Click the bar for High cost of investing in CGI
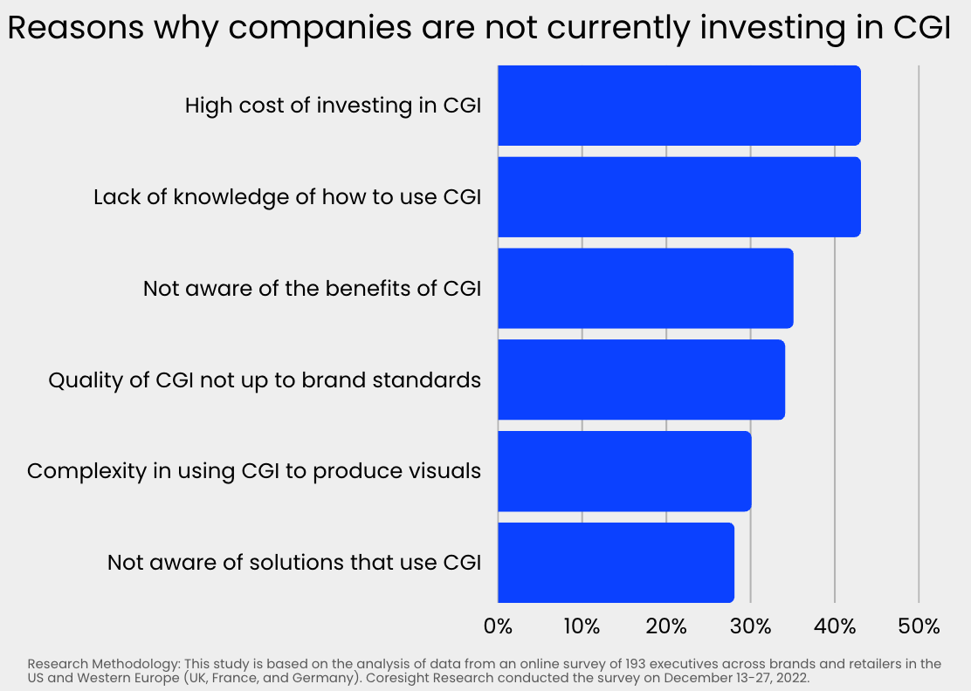[679, 106]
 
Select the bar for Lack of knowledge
[679, 197]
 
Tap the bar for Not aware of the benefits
[645, 288]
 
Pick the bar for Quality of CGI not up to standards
[642, 380]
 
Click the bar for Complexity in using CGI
[625, 471]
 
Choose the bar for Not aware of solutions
[616, 563]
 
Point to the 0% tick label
[498, 626]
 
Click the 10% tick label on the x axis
[582, 626]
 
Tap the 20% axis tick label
[666, 626]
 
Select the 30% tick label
[751, 626]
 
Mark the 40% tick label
[835, 626]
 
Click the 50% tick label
[919, 626]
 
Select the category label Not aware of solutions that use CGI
[294, 563]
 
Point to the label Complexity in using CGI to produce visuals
[254, 472]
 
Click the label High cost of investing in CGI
[334, 106]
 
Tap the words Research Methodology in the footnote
[103, 665]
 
